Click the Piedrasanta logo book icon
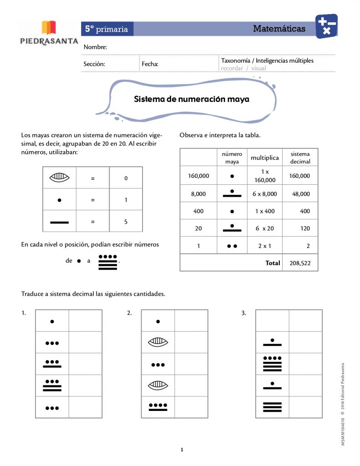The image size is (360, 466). [x=49, y=27]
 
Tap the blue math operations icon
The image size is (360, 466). [x=326, y=26]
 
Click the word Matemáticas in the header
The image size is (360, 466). [x=279, y=29]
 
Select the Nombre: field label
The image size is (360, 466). [x=95, y=47]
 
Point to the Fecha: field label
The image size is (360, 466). [x=150, y=64]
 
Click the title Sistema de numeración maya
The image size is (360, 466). [x=191, y=99]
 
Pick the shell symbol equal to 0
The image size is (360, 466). [x=59, y=178]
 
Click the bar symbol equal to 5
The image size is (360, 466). [x=59, y=222]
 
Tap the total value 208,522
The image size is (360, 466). [x=300, y=263]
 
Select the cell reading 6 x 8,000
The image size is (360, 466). [x=264, y=194]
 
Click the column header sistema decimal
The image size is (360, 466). [x=300, y=158]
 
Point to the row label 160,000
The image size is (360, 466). [x=198, y=176]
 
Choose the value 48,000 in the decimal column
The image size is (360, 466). [x=301, y=194]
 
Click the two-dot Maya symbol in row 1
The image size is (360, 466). [x=232, y=246]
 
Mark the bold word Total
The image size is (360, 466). [x=273, y=263]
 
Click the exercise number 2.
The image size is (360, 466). [x=129, y=313]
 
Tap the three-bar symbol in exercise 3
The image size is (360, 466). [x=272, y=407]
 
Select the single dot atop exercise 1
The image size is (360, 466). [x=52, y=321]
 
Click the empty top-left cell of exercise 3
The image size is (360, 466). [x=272, y=321]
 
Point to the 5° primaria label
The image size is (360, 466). [x=106, y=29]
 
